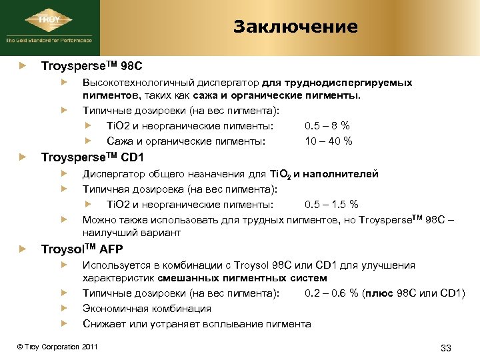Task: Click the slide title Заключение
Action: pyautogui.click(x=295, y=27)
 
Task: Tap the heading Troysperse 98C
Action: pyautogui.click(x=91, y=67)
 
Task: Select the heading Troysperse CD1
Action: pyautogui.click(x=92, y=157)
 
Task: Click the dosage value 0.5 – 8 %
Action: pyautogui.click(x=327, y=125)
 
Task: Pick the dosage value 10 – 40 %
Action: pyautogui.click(x=329, y=141)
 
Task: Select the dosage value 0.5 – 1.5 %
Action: pyautogui.click(x=331, y=204)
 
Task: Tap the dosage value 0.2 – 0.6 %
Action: pyautogui.click(x=331, y=293)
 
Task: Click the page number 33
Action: pyautogui.click(x=447, y=348)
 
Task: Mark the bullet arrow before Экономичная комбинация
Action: pyautogui.click(x=63, y=309)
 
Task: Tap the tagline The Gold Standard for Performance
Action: pyautogui.click(x=49, y=40)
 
